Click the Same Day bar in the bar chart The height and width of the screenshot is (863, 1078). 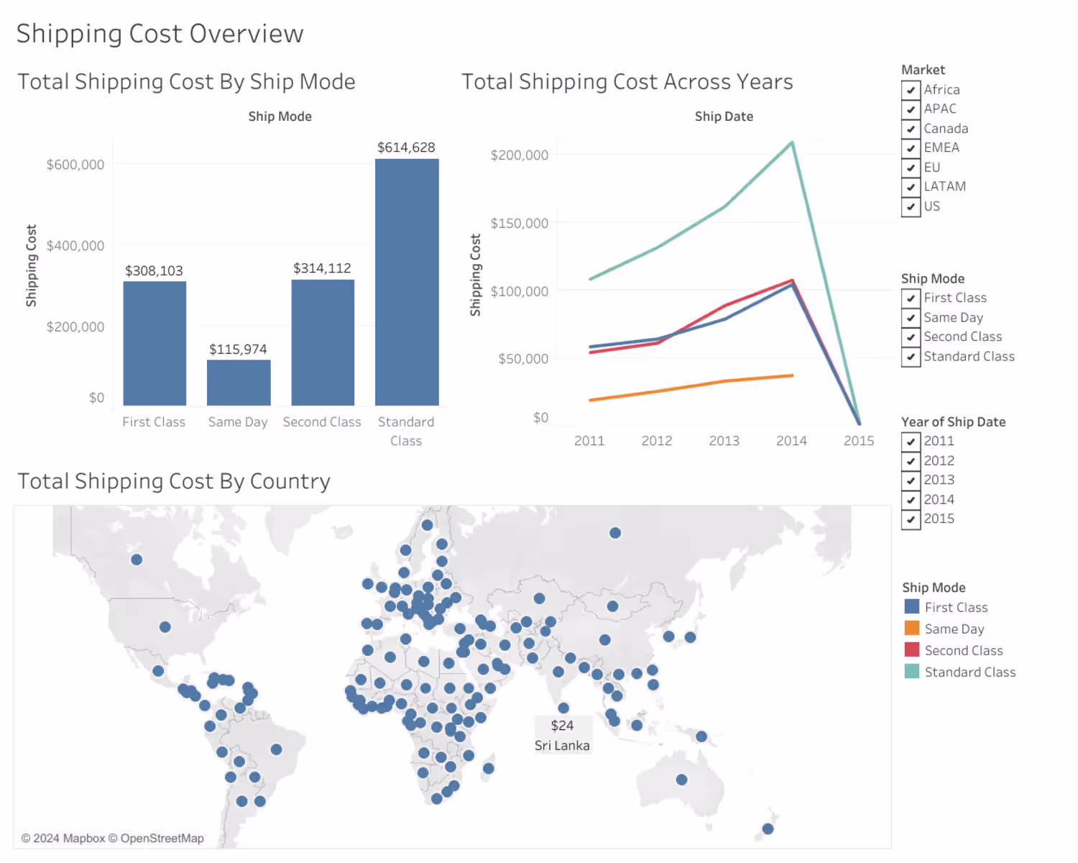(x=239, y=382)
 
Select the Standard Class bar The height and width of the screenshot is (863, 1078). (x=407, y=282)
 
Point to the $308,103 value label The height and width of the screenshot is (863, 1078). (x=154, y=271)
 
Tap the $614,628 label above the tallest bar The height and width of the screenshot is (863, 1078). (x=406, y=147)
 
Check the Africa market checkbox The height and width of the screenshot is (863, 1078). (x=911, y=90)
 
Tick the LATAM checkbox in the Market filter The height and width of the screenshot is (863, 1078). (x=911, y=187)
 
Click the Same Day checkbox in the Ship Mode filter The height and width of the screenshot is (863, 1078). (x=911, y=318)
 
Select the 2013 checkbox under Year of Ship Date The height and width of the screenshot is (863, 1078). (x=911, y=480)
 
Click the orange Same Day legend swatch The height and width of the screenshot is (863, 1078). (x=912, y=629)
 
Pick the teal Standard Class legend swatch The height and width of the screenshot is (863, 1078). (x=912, y=672)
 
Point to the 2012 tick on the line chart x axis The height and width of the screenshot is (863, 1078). (x=657, y=441)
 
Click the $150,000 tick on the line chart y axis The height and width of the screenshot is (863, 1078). (x=520, y=223)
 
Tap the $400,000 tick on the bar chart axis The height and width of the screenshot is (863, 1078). (x=75, y=246)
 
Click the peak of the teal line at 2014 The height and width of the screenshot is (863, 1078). (x=792, y=143)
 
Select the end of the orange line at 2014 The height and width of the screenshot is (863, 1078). (x=792, y=375)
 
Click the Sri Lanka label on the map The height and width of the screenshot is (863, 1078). (x=562, y=746)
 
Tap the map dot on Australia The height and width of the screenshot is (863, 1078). (x=681, y=780)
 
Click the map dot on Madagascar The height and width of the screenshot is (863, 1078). (x=489, y=768)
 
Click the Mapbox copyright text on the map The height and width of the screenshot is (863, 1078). (x=63, y=839)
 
